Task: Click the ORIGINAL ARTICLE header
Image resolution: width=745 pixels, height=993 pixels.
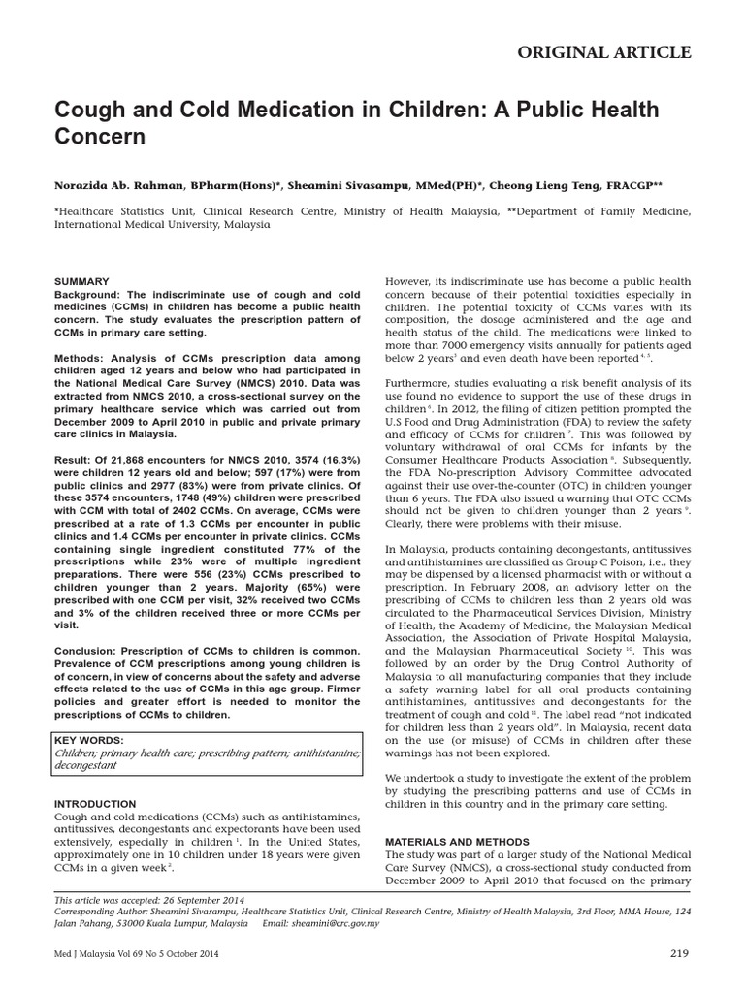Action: pyautogui.click(x=617, y=52)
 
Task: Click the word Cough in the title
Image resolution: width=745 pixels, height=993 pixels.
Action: pyautogui.click(x=87, y=110)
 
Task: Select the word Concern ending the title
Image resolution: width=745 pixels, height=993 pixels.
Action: pyautogui.click(x=100, y=137)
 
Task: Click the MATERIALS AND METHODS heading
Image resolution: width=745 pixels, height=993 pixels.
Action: pyautogui.click(x=457, y=841)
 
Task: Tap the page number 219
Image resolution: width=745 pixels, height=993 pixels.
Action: pyautogui.click(x=679, y=953)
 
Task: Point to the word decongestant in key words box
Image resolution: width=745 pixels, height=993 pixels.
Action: pyautogui.click(x=86, y=765)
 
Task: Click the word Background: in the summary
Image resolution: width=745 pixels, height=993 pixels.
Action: pyautogui.click(x=88, y=294)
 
